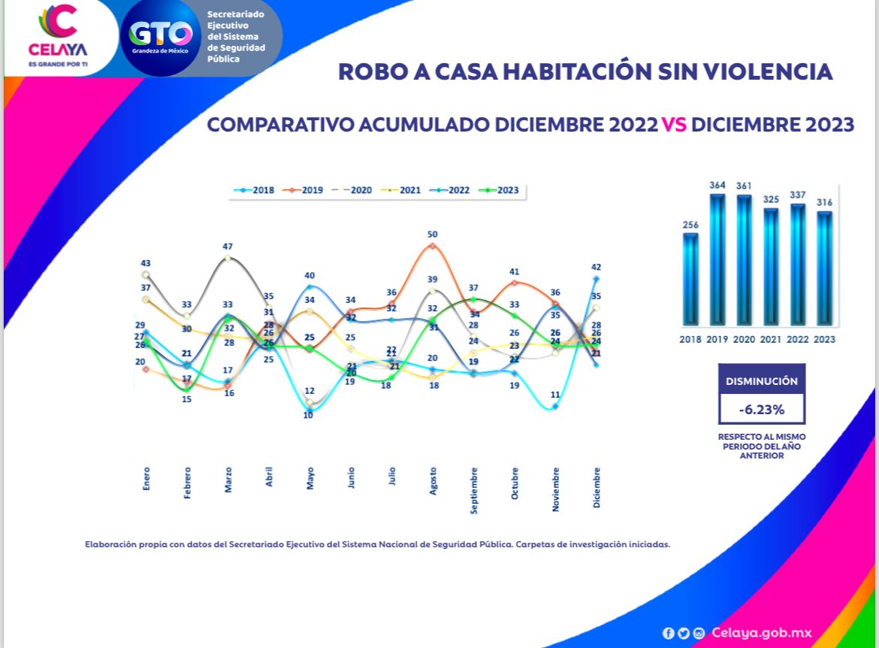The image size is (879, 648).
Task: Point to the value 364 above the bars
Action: click(x=717, y=185)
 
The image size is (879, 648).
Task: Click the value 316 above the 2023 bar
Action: click(x=825, y=202)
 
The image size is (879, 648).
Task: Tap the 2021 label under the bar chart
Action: click(x=772, y=340)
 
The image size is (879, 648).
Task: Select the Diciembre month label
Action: click(x=597, y=487)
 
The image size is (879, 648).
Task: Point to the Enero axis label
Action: click(x=146, y=480)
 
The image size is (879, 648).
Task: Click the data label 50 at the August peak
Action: click(x=432, y=235)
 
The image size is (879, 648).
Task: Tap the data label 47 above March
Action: click(x=228, y=247)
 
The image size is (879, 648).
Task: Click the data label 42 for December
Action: click(x=597, y=267)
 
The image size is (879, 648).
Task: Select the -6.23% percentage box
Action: click(x=762, y=410)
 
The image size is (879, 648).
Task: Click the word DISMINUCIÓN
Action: click(x=762, y=381)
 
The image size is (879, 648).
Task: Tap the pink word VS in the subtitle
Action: click(x=674, y=125)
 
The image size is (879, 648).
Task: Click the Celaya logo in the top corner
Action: click(x=58, y=34)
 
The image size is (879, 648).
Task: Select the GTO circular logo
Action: click(x=161, y=35)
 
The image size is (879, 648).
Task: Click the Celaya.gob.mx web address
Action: click(x=762, y=633)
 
